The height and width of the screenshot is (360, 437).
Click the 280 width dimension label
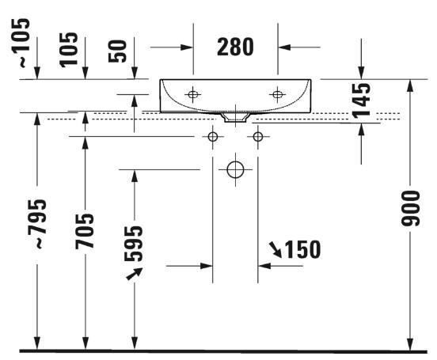pos(235,47)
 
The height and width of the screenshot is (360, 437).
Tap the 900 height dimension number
pos(410,208)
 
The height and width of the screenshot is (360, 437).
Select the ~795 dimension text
pos(37,223)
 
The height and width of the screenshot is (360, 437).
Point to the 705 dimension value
pos(85,231)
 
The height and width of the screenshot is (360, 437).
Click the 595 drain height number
pos(133,244)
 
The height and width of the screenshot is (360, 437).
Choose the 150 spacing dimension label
pos(303,249)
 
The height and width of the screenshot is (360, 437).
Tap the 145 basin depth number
pos(361,99)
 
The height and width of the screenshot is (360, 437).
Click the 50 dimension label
pos(117,51)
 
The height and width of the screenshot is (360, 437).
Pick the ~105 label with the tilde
pos(21,43)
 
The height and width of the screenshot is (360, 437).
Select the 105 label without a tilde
pos(69,50)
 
